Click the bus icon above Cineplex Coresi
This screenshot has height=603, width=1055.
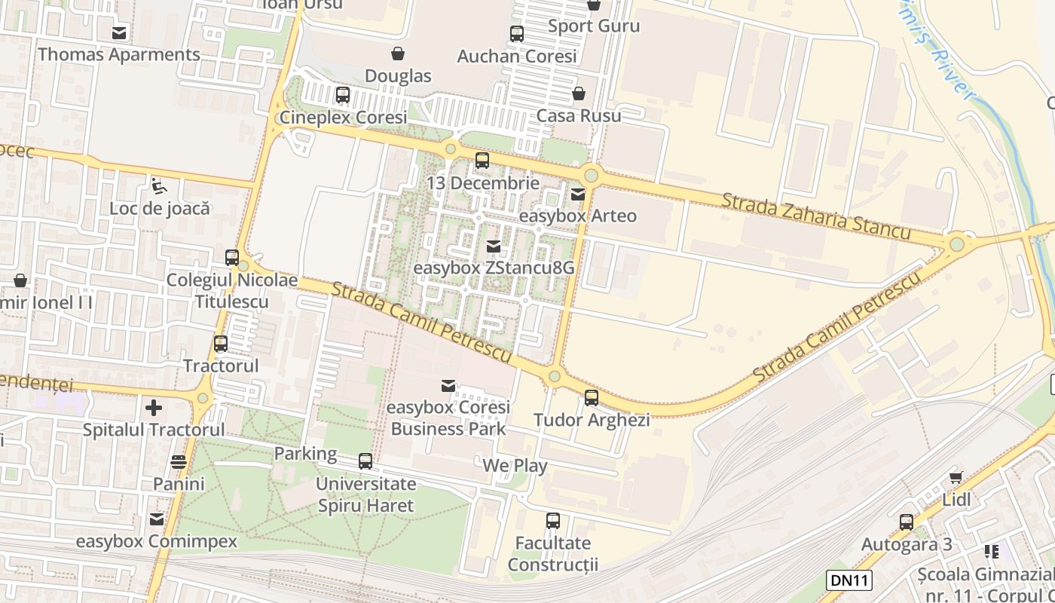coord(343,95)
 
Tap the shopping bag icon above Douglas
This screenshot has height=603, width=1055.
coord(397,54)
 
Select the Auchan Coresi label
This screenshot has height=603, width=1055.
coord(517,56)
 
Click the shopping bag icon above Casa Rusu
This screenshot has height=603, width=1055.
coord(578,93)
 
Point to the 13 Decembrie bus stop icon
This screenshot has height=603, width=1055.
coord(482,161)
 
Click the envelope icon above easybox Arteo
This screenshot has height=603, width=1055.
coord(578,194)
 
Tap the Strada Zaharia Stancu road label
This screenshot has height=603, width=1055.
coord(816,216)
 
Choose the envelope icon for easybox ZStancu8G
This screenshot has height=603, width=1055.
coord(494,246)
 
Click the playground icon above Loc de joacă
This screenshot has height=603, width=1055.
coord(159,185)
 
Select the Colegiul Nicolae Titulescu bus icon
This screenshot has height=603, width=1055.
coord(232,258)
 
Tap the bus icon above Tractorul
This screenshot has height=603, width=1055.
coord(221,344)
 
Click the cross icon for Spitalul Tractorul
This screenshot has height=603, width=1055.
coord(154,408)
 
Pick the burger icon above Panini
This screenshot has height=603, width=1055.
coord(179,461)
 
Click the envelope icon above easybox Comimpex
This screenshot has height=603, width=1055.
coord(157,519)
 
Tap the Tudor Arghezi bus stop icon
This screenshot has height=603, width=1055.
coord(592,398)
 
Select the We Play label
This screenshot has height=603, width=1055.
coord(515,466)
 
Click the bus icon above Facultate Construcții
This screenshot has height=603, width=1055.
coord(553,520)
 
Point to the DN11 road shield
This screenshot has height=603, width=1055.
coord(849,580)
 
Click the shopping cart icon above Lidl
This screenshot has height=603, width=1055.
coord(956,476)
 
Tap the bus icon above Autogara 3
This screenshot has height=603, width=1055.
coord(907,522)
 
